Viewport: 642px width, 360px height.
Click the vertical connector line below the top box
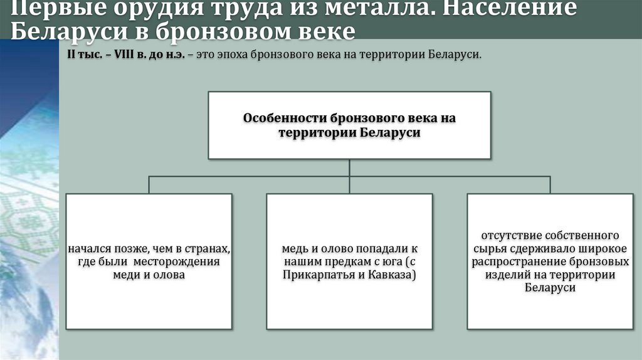coord(349,167)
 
